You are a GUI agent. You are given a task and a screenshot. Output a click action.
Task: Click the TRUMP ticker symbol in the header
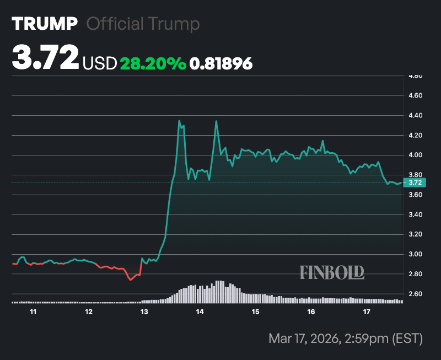pyautogui.click(x=45, y=24)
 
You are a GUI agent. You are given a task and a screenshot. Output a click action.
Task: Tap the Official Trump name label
pyautogui.click(x=143, y=24)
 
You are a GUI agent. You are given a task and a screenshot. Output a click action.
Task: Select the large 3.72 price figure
pyautogui.click(x=45, y=58)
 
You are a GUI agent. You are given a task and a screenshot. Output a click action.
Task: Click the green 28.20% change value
pyautogui.click(x=153, y=63)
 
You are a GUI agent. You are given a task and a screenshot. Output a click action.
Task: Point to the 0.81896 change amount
pyautogui.click(x=221, y=64)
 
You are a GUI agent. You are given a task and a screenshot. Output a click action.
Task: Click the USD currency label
pyautogui.click(x=100, y=64)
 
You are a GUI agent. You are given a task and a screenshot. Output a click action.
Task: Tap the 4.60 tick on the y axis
pyautogui.click(x=415, y=96)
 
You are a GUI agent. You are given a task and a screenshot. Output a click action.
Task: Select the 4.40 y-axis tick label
pyautogui.click(x=415, y=116)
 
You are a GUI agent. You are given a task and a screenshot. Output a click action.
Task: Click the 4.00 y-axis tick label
pyautogui.click(x=415, y=155)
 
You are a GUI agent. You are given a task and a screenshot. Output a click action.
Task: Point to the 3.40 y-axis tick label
pyautogui.click(x=415, y=215)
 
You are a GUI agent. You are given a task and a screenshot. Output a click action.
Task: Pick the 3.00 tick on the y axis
pyautogui.click(x=415, y=255)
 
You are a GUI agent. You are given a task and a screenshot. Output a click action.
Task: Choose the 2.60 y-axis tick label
pyautogui.click(x=415, y=294)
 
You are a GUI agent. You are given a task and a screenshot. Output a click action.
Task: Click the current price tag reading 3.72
pyautogui.click(x=415, y=182)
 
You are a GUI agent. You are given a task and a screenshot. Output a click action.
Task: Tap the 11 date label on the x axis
pyautogui.click(x=33, y=312)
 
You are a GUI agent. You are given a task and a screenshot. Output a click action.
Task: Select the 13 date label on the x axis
pyautogui.click(x=144, y=312)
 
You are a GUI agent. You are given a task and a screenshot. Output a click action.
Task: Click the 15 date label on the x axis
pyautogui.click(x=255, y=312)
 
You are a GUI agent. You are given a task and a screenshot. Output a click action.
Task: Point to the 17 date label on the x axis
pyautogui.click(x=367, y=312)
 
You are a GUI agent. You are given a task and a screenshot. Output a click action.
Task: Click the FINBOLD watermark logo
pyautogui.click(x=332, y=272)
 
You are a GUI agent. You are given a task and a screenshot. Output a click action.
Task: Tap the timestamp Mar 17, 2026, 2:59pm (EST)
pyautogui.click(x=346, y=338)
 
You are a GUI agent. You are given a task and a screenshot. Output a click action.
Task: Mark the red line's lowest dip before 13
pyautogui.click(x=131, y=280)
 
